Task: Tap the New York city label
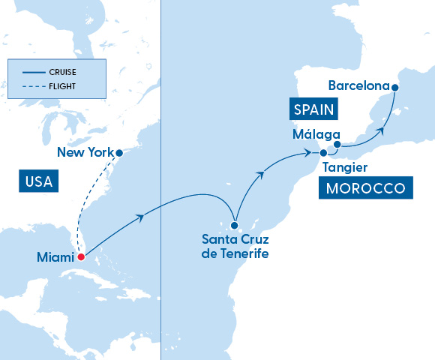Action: pyautogui.click(x=85, y=153)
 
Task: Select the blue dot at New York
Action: pyautogui.click(x=118, y=151)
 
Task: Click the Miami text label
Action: pyautogui.click(x=55, y=257)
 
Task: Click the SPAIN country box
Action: pyautogui.click(x=313, y=110)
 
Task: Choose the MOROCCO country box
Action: pyautogui.click(x=366, y=188)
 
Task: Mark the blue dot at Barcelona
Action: pyautogui.click(x=395, y=88)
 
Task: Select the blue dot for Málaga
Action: pyautogui.click(x=337, y=144)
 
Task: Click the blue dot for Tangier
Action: pyautogui.click(x=323, y=153)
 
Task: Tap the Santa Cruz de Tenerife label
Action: pyautogui.click(x=235, y=247)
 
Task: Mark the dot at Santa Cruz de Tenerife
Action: pyautogui.click(x=235, y=225)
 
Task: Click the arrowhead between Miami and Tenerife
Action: pyautogui.click(x=139, y=217)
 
